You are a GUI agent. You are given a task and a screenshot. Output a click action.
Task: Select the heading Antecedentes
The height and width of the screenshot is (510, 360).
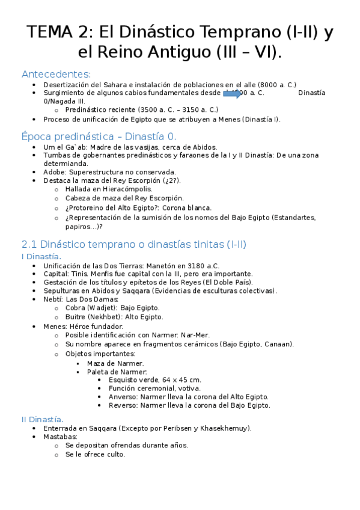(x=56, y=75)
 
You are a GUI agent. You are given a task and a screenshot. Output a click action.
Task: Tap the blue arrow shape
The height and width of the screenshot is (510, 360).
(x=232, y=93)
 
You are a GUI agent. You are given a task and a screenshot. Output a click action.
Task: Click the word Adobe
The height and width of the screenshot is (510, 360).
(x=54, y=172)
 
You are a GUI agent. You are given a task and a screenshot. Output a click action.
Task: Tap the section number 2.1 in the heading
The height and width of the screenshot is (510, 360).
(x=29, y=245)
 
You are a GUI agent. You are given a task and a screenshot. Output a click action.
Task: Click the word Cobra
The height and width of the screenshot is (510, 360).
(x=76, y=308)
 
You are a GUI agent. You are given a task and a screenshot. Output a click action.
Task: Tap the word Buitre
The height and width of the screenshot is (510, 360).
(x=77, y=317)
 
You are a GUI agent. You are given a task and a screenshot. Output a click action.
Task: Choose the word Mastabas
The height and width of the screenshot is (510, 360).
(x=60, y=437)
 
